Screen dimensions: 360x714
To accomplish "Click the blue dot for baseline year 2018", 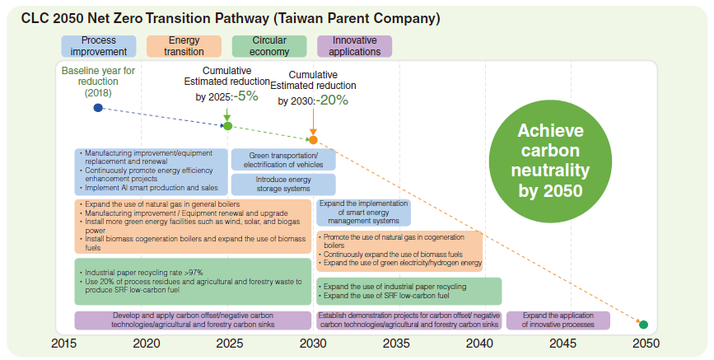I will (98, 108).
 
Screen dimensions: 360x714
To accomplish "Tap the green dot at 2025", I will (228, 126).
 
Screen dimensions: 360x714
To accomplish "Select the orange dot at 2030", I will (313, 140).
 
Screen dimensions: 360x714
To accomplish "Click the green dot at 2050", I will (643, 325).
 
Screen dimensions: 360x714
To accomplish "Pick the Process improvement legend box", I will (99, 46).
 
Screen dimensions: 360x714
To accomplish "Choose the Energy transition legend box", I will (184, 46).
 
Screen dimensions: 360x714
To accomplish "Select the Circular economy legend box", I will (269, 46).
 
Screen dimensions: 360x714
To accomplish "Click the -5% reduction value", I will (245, 96).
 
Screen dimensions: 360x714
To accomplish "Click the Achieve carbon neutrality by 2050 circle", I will (551, 161).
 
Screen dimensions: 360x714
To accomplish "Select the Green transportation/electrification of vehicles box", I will (283, 160).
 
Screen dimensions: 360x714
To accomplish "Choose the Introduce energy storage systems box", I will (283, 185).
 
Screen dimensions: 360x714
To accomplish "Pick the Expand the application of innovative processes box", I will (558, 320).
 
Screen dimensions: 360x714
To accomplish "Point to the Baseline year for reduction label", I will (98, 82).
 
